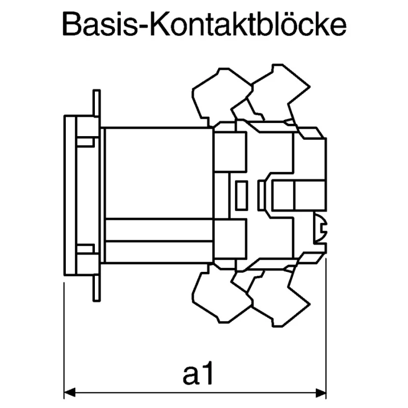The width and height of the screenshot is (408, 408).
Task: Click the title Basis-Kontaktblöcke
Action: tap(205, 24)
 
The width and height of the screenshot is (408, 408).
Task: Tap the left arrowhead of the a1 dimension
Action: tap(69, 392)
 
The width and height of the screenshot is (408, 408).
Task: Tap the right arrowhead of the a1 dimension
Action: tap(321, 392)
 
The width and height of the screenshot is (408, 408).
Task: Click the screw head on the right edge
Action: tap(321, 228)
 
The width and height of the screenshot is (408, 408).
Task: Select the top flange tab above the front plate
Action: tap(96, 103)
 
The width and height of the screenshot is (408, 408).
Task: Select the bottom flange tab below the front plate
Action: tap(96, 288)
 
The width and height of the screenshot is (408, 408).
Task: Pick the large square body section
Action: tap(159, 173)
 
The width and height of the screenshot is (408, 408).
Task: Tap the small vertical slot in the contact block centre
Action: tap(241, 195)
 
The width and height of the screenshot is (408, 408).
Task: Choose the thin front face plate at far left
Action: tap(70, 195)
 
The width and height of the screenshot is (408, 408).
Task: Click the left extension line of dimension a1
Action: tap(64, 340)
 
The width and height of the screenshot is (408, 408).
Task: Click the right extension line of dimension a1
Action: tap(326, 328)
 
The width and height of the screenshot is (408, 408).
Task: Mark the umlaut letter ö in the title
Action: tap(284, 24)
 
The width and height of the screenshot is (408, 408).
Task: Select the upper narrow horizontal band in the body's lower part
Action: tap(159, 231)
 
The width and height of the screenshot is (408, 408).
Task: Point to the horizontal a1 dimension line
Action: tap(195, 392)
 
